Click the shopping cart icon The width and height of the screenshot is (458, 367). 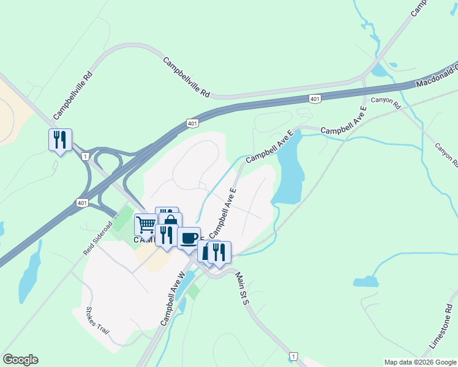coord(146,224)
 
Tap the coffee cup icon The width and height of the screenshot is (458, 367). coord(189,237)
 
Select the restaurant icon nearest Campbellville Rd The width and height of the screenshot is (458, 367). coord(60,140)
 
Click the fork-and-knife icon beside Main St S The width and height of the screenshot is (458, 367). coord(219,251)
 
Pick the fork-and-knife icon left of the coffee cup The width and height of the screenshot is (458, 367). coord(166,235)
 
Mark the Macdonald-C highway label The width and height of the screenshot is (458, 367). coord(436,75)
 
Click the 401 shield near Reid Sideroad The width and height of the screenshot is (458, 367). coord(82,202)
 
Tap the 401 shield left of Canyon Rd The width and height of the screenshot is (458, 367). coord(314,98)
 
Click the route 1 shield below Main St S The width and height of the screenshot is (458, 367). coord(295,356)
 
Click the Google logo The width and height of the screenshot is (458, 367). coord(20,360)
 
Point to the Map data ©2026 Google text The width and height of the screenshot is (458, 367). coord(420,362)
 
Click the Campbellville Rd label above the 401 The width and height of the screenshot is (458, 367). coord(187,78)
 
